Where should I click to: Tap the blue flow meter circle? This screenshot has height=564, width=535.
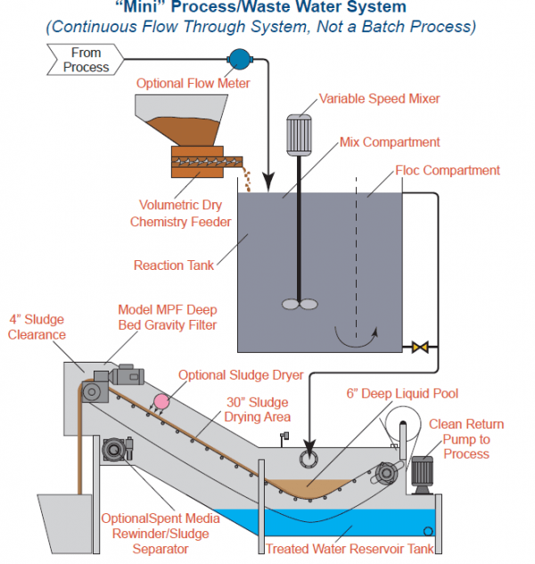click(x=239, y=59)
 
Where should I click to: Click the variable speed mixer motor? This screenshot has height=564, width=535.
click(x=298, y=135)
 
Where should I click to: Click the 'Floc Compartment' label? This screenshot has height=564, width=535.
click(x=448, y=169)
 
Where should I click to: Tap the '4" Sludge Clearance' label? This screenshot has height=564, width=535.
click(x=35, y=326)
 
